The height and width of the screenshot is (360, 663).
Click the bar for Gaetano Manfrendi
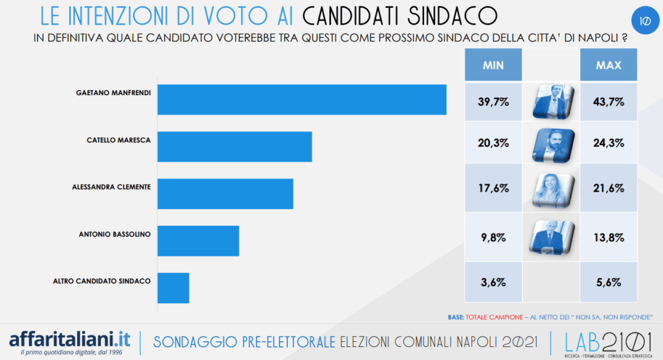pos(302,100)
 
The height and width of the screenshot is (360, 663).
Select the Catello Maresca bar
pos(234,147)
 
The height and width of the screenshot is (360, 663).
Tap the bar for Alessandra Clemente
pos(225,194)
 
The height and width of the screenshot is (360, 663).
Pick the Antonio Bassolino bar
pos(198,241)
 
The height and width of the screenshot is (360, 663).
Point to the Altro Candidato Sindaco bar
pos(174,287)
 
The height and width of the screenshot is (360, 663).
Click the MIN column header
pos(493,65)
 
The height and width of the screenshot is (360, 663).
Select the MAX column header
pos(609,65)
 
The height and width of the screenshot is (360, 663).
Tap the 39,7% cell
pos(493,102)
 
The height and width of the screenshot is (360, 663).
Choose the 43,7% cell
pos(609,102)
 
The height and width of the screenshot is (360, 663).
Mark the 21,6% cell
pos(609,188)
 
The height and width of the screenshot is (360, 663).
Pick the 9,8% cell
pos(493,237)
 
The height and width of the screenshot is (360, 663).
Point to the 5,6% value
pos(609,282)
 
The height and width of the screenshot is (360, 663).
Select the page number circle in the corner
pos(645,21)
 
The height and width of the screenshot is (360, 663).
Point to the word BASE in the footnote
pos(455,317)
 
